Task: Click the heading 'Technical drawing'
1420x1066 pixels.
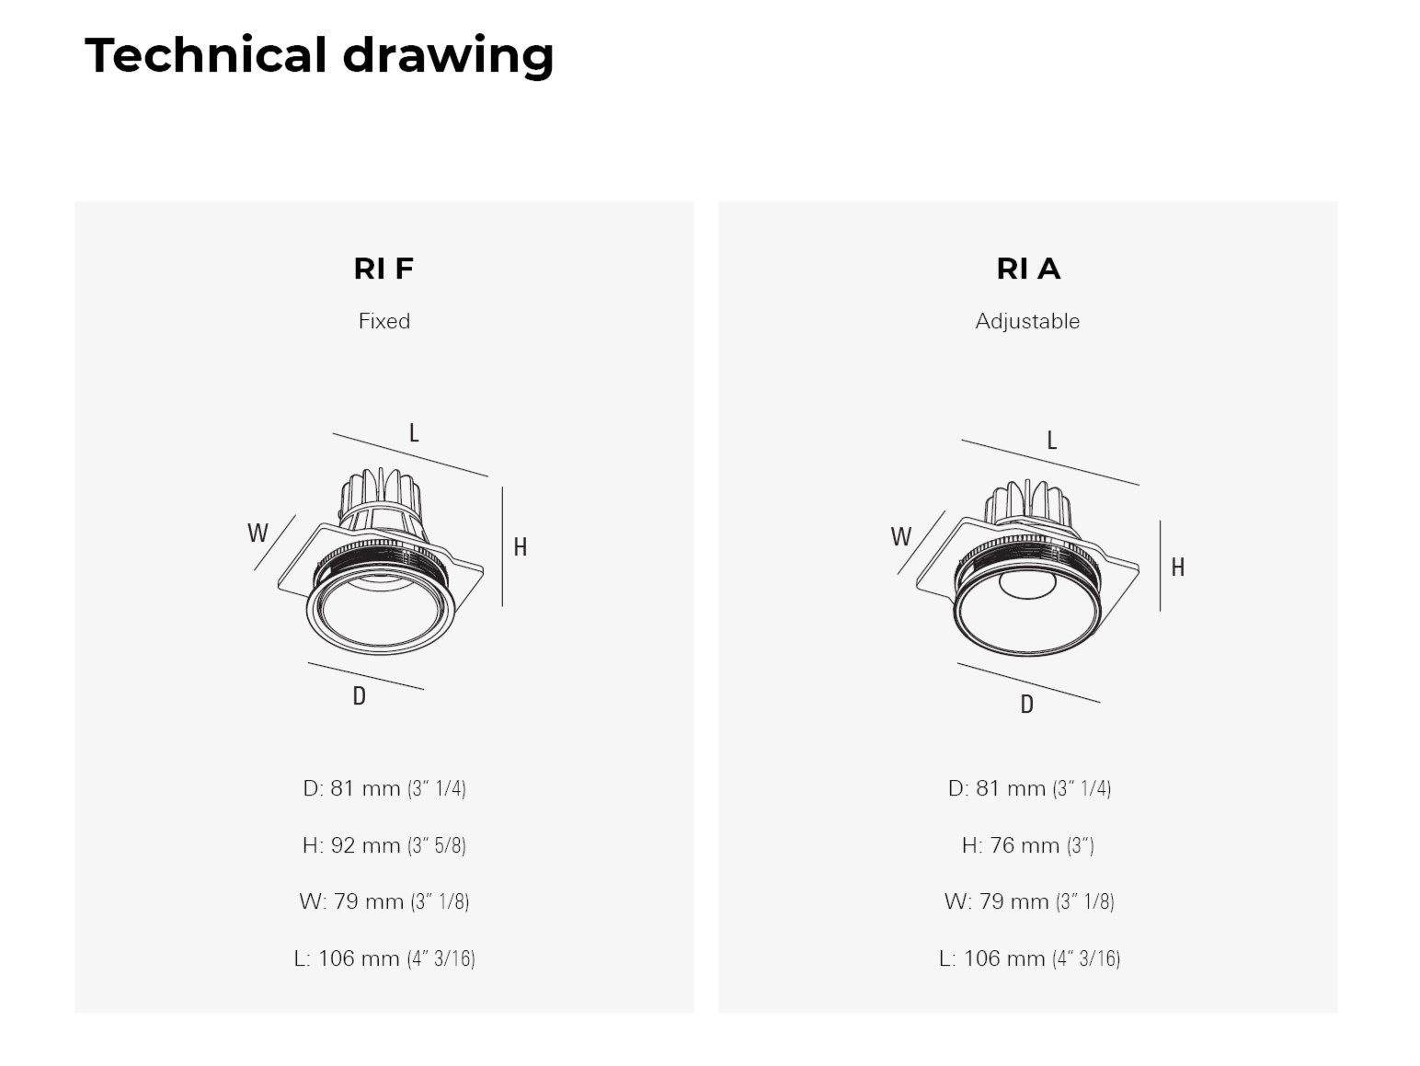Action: click(319, 55)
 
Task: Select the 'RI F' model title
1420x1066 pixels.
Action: click(384, 269)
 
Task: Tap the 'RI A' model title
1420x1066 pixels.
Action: click(1027, 269)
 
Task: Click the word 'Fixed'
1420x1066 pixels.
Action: click(384, 321)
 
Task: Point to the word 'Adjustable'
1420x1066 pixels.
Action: click(1027, 321)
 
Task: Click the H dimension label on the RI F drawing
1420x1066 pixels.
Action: click(520, 547)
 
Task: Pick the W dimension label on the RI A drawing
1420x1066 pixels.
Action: click(900, 536)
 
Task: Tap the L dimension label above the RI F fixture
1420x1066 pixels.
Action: click(414, 432)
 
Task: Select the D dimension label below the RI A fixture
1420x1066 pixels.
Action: click(1026, 705)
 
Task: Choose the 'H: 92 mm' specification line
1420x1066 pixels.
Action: click(384, 844)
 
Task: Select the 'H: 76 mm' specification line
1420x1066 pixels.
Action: click(1027, 844)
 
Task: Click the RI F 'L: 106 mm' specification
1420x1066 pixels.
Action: click(384, 958)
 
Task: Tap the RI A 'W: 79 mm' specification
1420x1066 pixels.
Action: click(1028, 901)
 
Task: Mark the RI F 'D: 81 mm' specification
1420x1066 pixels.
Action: click(384, 788)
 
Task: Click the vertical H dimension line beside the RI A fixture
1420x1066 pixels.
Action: click(1160, 566)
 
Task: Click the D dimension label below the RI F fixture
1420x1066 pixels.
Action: click(359, 696)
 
